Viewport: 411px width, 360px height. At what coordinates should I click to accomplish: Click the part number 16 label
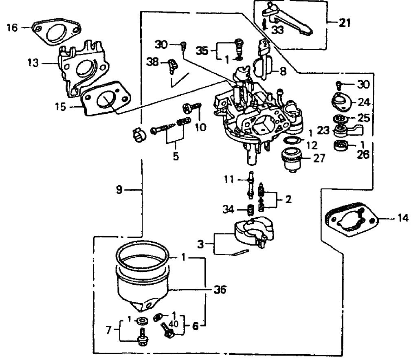tap(12, 28)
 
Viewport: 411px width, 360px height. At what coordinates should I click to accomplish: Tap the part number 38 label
tap(153, 62)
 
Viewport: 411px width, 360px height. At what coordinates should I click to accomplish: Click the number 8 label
tap(283, 71)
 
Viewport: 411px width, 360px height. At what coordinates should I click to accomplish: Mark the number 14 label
tap(402, 219)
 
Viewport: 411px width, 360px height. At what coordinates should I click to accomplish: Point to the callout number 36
tap(220, 290)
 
